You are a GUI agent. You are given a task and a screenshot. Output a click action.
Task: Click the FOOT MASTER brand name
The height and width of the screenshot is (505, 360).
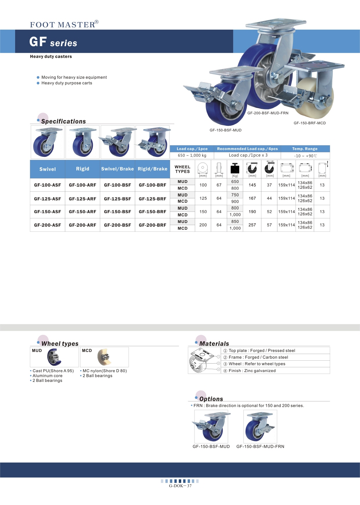(63, 25)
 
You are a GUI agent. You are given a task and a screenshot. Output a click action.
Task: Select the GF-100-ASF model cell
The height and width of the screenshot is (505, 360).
(47, 185)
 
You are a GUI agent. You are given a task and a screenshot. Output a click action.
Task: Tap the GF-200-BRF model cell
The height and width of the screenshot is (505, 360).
(152, 225)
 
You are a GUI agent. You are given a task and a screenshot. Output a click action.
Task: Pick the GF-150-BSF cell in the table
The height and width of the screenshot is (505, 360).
(117, 212)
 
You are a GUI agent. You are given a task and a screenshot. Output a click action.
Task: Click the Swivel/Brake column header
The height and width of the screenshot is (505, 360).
(117, 169)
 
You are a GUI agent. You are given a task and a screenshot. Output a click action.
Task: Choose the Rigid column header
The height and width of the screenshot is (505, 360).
(82, 169)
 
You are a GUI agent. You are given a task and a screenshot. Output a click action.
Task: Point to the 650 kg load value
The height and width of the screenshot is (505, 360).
(235, 181)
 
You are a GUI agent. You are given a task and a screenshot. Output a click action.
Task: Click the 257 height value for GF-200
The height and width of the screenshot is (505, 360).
(252, 225)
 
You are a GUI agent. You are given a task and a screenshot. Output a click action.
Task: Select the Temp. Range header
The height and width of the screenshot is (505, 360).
(305, 149)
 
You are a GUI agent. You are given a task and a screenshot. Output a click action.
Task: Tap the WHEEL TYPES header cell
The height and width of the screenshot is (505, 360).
(182, 169)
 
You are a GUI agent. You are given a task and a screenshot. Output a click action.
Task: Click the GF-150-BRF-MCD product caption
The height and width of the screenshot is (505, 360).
(309, 123)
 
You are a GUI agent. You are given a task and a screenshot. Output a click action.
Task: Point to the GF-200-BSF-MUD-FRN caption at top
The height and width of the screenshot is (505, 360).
(268, 113)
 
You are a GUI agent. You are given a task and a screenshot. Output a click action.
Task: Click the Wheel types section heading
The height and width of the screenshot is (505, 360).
(60, 344)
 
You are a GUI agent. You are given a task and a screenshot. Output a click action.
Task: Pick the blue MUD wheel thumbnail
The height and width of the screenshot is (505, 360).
(54, 357)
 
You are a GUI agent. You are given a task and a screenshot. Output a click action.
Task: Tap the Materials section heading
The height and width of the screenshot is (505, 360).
(214, 344)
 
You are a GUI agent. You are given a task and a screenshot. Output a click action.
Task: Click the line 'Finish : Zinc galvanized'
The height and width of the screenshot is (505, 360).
(252, 371)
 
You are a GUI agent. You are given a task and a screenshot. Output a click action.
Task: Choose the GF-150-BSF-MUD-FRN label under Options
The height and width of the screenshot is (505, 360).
(260, 446)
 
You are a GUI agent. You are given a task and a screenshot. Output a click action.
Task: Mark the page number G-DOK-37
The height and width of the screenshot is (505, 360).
(180, 486)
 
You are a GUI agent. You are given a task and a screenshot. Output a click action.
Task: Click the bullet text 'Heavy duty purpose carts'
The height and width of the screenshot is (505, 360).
(66, 83)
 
